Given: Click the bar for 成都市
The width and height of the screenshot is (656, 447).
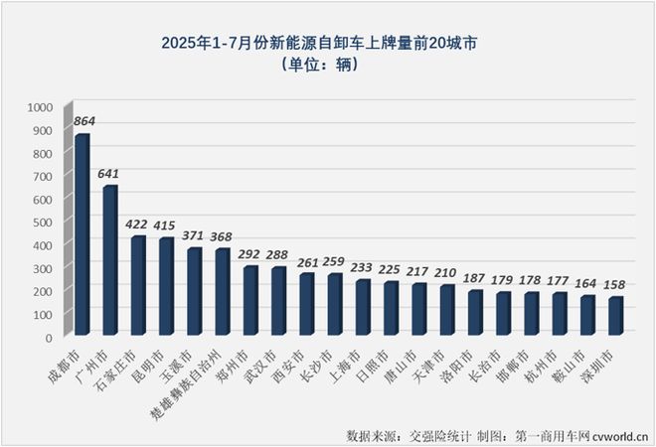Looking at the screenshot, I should (82, 235).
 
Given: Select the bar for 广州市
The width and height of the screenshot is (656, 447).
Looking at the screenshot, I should (110, 261).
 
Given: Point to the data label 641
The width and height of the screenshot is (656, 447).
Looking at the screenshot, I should (111, 173).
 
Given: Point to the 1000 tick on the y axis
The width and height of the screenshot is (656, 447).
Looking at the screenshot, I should (40, 107).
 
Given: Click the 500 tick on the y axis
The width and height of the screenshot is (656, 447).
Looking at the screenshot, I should (43, 223).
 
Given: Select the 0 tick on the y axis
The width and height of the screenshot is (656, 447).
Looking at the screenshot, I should (49, 338).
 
